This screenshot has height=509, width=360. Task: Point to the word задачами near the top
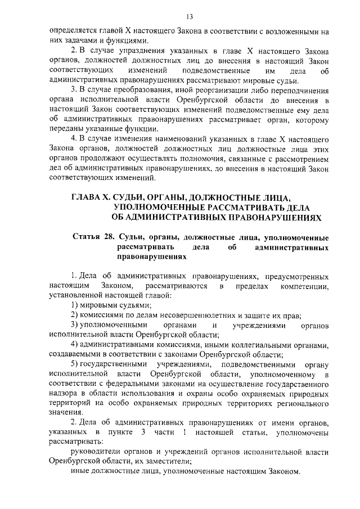82,41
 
